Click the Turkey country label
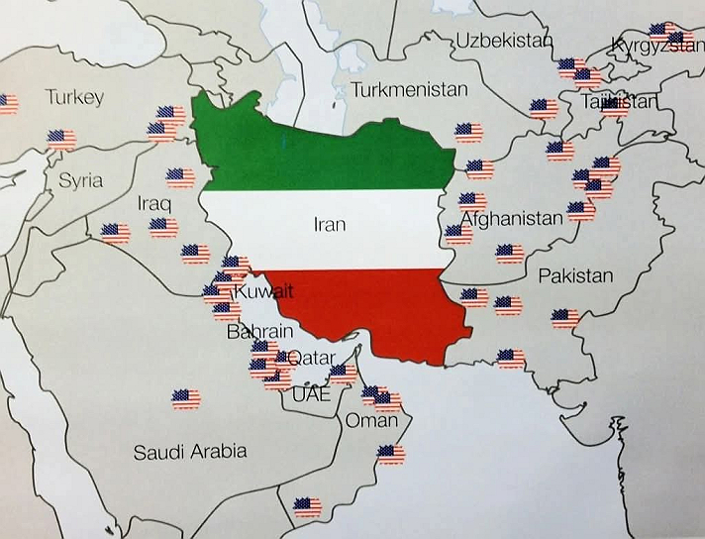[73, 97]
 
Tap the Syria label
[80, 180]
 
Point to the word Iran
[329, 225]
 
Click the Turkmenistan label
[409, 89]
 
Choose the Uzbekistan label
[502, 41]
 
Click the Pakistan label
[575, 275]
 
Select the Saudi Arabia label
[190, 452]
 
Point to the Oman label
[370, 420]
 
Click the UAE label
[310, 392]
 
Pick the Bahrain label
[259, 332]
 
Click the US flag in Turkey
[60, 138]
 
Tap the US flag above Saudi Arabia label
[185, 399]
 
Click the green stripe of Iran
[327, 149]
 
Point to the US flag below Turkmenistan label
[467, 132]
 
